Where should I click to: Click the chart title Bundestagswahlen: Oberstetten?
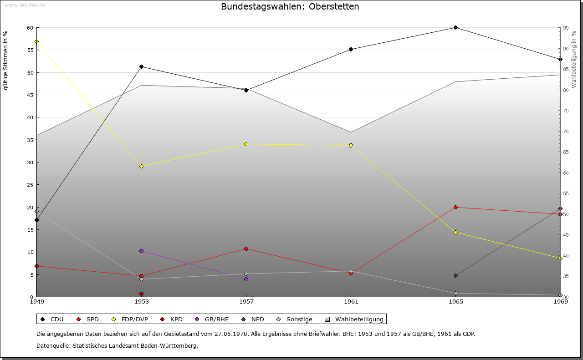point(290,7)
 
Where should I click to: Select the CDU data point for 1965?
point(455,28)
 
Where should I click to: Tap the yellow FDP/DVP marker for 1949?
point(36,41)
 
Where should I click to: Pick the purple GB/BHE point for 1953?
point(141,251)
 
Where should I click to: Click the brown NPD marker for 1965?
point(455,275)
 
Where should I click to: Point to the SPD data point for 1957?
point(246,248)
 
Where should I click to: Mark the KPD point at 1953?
point(141,294)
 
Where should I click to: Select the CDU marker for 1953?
point(141,67)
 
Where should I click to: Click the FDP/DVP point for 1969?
point(560,258)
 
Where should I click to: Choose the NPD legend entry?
point(253,319)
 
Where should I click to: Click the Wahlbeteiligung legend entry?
point(355,319)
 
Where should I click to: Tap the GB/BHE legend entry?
point(212,319)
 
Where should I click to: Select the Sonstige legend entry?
point(295,319)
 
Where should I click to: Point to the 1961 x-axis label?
point(351,301)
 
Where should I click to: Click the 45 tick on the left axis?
point(30,95)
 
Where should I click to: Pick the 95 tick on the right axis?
point(565,28)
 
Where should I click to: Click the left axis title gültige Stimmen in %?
point(6,60)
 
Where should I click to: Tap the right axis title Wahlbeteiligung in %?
point(574,60)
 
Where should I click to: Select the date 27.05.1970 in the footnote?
point(231,334)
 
